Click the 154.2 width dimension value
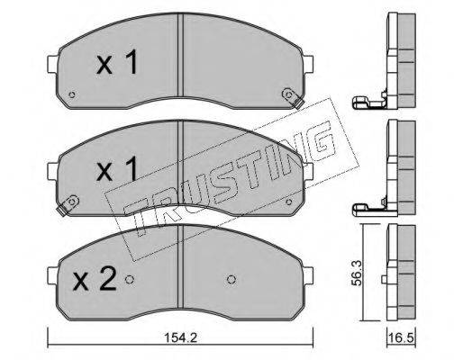pyautogui.click(x=180, y=338)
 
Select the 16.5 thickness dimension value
pyautogui.click(x=402, y=338)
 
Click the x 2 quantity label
pyautogui.click(x=95, y=279)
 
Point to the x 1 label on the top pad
pyautogui.click(x=117, y=62)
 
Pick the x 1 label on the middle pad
pyautogui.click(x=117, y=168)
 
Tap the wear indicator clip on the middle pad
pyautogui.click(x=68, y=204)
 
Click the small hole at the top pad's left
pyautogui.click(x=71, y=94)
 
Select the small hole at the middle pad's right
pyautogui.click(x=289, y=202)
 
